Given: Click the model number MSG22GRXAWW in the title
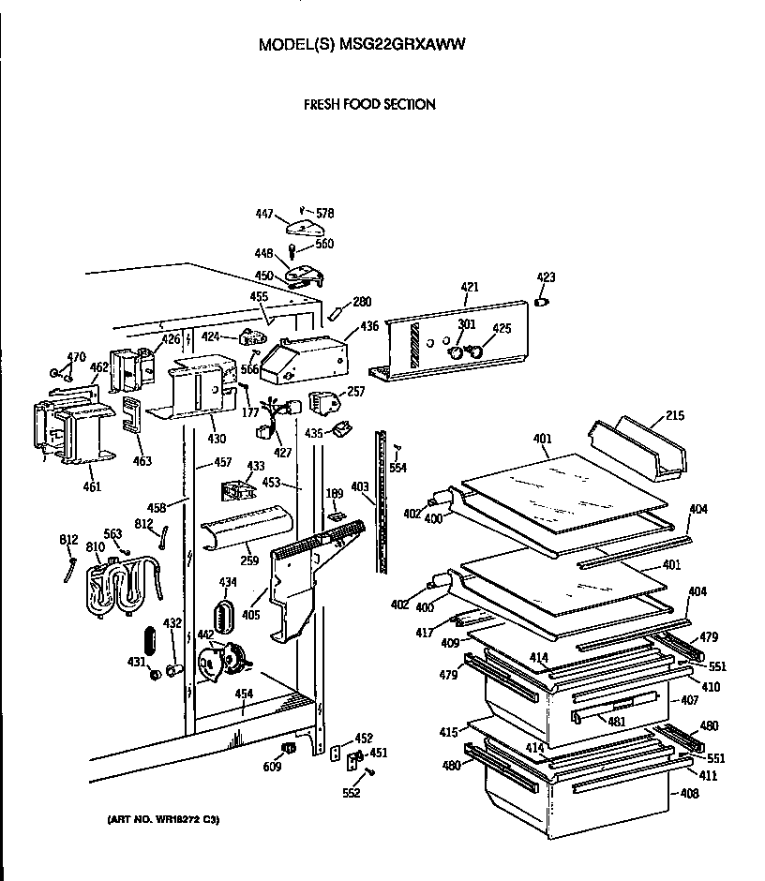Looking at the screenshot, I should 412,44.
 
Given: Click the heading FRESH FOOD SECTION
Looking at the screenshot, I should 368,104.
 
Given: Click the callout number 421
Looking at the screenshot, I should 470,287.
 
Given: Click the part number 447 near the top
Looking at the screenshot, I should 264,215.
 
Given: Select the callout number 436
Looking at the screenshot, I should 369,326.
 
